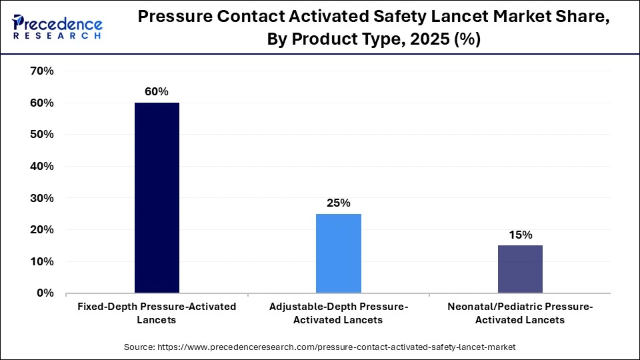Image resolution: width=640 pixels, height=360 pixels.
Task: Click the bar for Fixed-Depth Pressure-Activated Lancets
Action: click(x=157, y=198)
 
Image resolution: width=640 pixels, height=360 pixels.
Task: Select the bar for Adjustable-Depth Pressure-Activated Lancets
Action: click(x=339, y=253)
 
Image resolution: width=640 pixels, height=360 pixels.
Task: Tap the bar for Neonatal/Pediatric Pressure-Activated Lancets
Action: click(x=520, y=269)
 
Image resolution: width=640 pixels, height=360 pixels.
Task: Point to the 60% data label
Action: click(x=157, y=92)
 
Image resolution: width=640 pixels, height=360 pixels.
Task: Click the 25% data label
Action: click(x=339, y=203)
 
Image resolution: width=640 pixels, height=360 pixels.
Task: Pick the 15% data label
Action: click(x=520, y=235)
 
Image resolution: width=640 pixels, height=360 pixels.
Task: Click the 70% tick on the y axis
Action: click(x=42, y=71)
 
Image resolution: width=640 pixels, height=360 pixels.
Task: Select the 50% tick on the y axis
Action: click(x=42, y=135)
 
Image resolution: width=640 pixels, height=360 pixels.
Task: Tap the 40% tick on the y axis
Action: click(x=42, y=166)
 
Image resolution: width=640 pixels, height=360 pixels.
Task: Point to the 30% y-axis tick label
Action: click(x=42, y=198)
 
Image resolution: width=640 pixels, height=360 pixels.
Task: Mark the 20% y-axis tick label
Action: click(x=42, y=229)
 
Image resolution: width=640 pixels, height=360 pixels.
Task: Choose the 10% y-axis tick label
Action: click(x=42, y=261)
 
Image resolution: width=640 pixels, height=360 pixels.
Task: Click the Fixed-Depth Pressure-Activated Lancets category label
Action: click(x=157, y=313)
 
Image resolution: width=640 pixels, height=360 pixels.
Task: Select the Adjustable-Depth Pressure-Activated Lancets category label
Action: click(x=339, y=313)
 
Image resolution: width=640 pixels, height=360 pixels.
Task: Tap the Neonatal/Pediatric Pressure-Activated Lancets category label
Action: click(x=520, y=313)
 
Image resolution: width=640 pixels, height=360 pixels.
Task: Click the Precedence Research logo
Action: click(x=57, y=27)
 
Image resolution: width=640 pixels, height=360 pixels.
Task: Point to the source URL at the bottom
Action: click(x=320, y=347)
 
